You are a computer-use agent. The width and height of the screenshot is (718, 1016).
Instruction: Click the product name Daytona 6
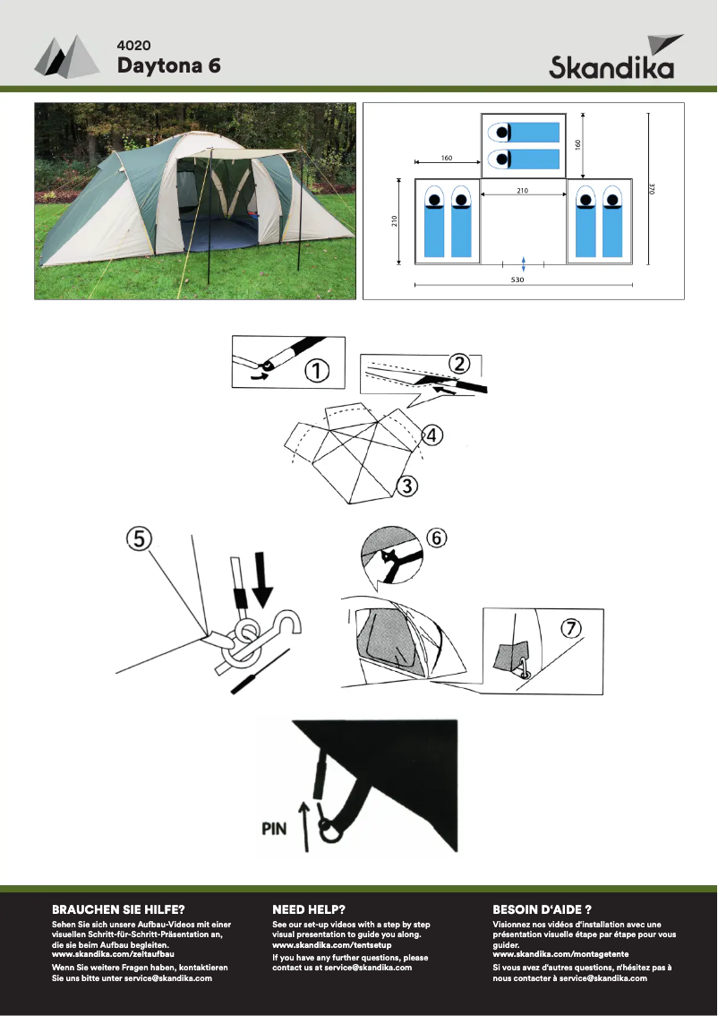[169, 65]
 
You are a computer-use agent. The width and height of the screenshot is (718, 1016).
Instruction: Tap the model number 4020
[134, 46]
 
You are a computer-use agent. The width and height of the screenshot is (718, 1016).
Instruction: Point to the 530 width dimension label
[517, 280]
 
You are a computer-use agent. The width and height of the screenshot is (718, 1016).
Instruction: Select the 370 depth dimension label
[653, 188]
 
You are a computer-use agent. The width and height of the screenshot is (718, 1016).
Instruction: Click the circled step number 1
[317, 371]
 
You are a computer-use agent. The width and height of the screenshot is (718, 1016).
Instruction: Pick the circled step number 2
[459, 364]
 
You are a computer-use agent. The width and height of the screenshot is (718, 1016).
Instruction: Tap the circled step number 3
[406, 486]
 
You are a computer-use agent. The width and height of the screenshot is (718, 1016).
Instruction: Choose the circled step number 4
[432, 435]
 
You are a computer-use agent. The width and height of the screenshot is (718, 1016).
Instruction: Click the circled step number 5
[139, 538]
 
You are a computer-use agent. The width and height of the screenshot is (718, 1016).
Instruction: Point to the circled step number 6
[436, 538]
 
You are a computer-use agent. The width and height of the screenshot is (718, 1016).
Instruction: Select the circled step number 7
[569, 627]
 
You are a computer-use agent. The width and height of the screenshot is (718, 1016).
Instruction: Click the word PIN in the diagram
[274, 829]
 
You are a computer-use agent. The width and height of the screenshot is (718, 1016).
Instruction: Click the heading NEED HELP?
[309, 909]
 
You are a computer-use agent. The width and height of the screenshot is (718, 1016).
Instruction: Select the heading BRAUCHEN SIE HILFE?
[118, 909]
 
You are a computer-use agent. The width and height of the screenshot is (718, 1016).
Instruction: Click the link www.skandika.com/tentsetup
[332, 944]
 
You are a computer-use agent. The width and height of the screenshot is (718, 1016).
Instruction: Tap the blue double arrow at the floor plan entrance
[524, 263]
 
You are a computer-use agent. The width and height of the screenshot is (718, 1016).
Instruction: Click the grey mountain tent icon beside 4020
[66, 57]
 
